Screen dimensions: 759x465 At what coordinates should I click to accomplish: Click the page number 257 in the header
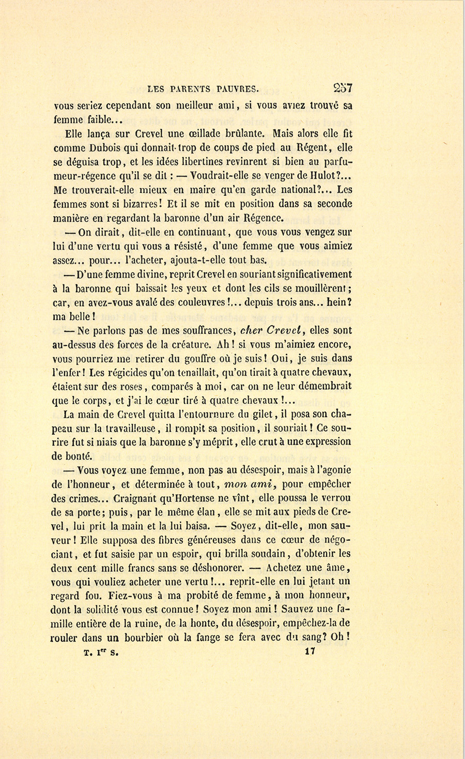[x=342, y=87]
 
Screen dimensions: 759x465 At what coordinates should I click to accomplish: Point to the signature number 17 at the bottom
[x=310, y=652]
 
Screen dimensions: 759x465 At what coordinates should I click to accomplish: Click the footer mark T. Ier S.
[x=101, y=652]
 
